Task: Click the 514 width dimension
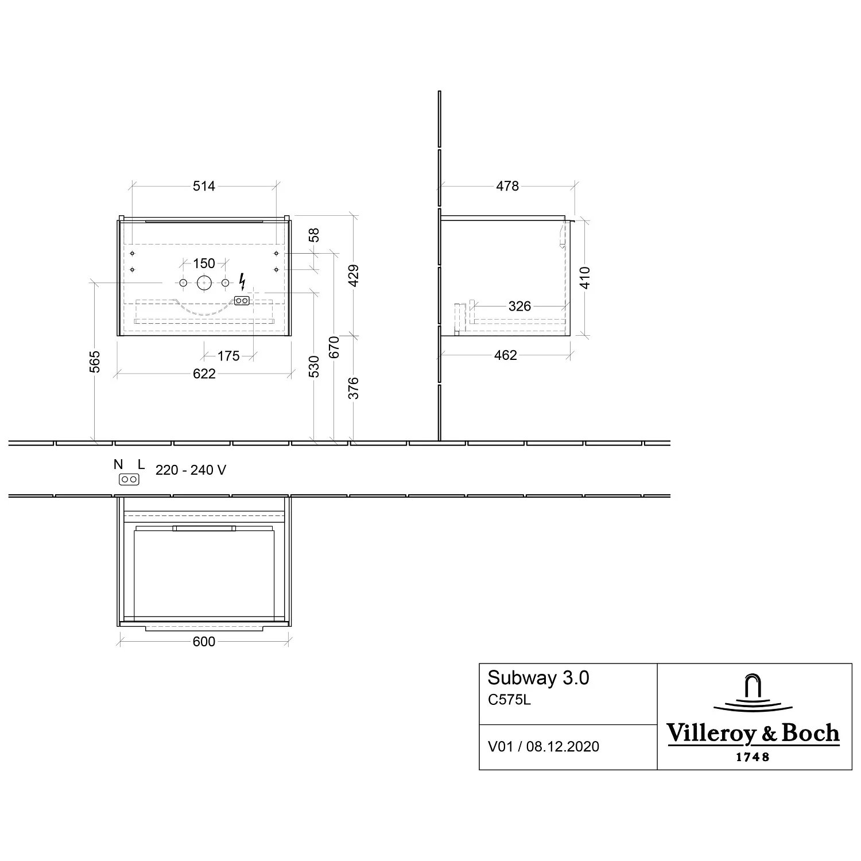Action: (x=204, y=186)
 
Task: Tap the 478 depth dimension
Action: (x=507, y=186)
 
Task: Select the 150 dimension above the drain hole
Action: (x=204, y=263)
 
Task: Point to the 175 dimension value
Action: (x=228, y=356)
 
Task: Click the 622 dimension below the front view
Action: (x=204, y=374)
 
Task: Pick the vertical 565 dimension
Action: (x=95, y=362)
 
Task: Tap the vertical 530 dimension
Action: (x=314, y=367)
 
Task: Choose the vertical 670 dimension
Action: (x=335, y=347)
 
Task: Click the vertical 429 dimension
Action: (x=354, y=276)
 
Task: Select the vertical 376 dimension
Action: (x=354, y=388)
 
